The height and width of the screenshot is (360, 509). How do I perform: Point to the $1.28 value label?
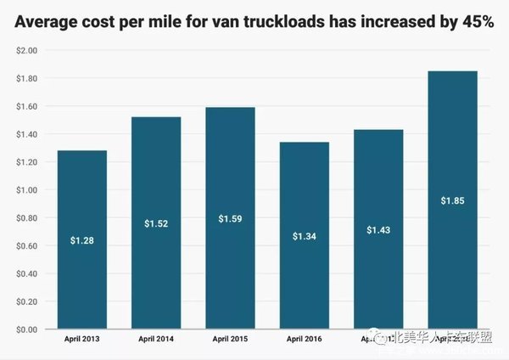(81, 242)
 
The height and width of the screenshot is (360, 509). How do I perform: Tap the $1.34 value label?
(304, 235)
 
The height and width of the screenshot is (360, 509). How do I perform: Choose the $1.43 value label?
(378, 230)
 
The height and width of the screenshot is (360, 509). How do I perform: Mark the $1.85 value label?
(452, 200)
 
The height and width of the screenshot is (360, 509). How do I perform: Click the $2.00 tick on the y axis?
(27, 51)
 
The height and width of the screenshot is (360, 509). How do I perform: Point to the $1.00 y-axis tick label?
(27, 190)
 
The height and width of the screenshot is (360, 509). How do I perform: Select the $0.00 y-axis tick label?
(27, 329)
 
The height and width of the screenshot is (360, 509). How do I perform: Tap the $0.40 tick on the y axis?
(27, 273)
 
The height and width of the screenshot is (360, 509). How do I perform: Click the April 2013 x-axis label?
(81, 340)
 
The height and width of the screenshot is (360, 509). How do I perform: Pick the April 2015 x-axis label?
(230, 340)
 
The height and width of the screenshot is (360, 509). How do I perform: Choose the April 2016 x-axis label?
(304, 340)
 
